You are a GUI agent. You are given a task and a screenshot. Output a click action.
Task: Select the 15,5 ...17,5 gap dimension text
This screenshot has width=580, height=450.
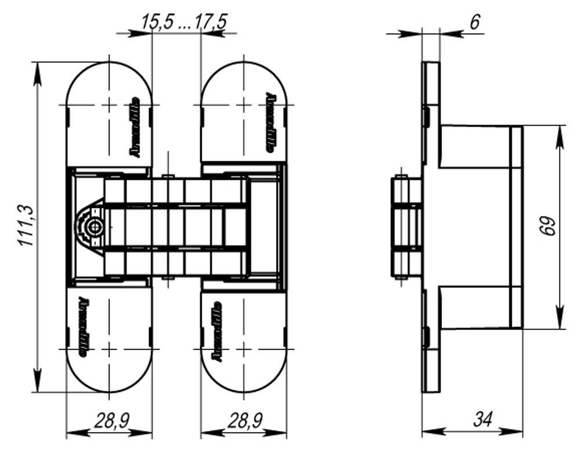click(x=184, y=21)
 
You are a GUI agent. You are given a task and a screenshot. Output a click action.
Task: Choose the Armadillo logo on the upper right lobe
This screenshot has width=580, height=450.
click(x=271, y=121)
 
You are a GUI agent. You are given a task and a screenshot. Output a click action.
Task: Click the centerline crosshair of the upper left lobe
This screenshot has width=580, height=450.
click(x=108, y=105)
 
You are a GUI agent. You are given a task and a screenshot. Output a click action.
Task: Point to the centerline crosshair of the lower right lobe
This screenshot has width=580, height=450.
click(x=244, y=348)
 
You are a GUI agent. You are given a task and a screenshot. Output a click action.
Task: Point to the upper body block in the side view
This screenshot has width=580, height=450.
click(x=476, y=146)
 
